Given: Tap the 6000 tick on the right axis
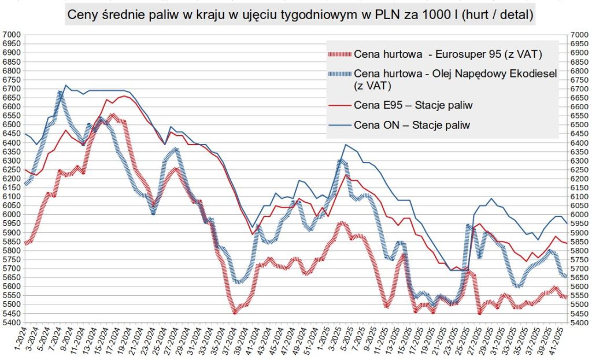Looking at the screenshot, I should click(x=579, y=214).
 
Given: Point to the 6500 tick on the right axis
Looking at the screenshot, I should click(x=579, y=125).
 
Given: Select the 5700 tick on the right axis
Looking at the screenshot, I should click(x=579, y=269).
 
